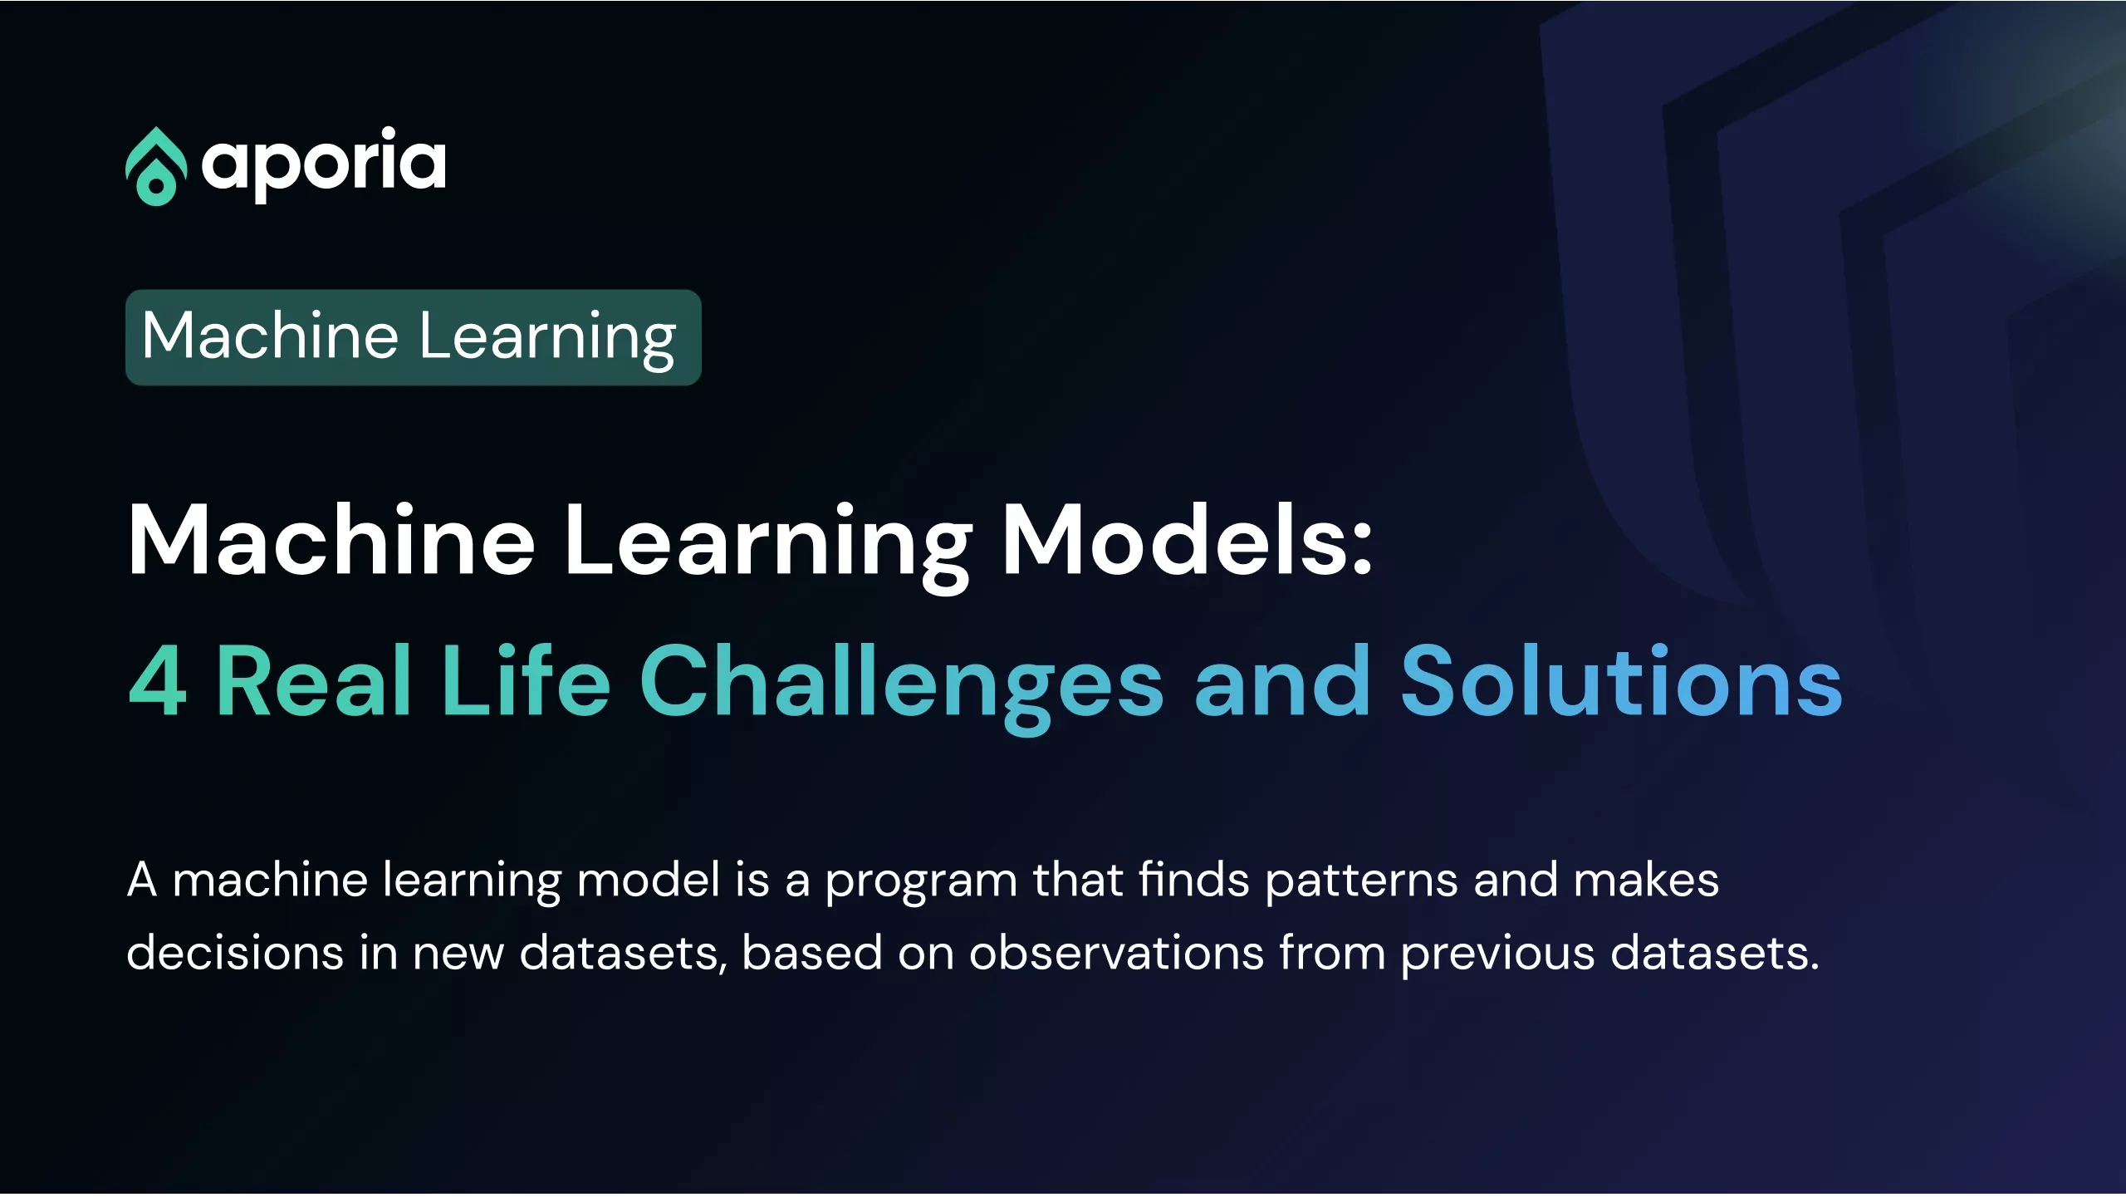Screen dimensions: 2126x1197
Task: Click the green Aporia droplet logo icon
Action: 155,166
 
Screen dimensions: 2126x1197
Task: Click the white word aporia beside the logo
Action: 324,164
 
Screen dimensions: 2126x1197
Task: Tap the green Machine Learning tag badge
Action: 414,337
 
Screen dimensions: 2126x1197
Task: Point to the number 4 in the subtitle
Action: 158,681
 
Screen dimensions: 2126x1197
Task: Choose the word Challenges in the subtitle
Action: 901,688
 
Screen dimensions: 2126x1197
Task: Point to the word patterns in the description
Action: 1361,882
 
